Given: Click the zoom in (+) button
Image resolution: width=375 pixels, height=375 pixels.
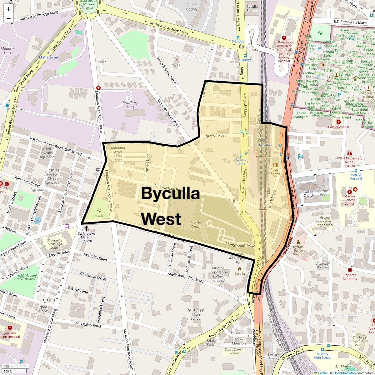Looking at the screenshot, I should coord(8,9).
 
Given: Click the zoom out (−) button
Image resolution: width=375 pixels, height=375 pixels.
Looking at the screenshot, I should coord(8,18).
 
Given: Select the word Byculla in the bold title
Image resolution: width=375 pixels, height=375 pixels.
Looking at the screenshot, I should coord(170,193).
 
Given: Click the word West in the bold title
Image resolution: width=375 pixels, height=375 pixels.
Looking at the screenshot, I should coord(161,219).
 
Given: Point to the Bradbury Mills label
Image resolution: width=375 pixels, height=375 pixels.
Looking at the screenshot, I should coord(130,105).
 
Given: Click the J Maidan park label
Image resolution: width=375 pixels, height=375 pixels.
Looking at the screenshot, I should coord(99,216).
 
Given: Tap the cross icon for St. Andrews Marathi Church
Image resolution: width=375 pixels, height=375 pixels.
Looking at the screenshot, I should coord(87,228).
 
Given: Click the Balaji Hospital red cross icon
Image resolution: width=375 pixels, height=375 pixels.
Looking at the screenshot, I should coord(338,122).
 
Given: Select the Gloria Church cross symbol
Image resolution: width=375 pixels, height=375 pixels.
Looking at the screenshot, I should coord(309,187).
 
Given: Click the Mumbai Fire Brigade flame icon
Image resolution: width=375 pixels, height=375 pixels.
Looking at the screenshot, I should coord(240,268).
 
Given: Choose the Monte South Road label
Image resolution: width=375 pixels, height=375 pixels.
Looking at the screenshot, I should coord(240,245).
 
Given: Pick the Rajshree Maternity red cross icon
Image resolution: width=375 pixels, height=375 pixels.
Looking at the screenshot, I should coord(350,270).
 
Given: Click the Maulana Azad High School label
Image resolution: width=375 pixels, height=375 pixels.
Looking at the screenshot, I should coord(118,154).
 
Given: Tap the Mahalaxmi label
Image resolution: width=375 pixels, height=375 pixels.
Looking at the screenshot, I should coord(48,57).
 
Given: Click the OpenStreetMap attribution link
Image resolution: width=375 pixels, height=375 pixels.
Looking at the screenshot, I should coord(344,373).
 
